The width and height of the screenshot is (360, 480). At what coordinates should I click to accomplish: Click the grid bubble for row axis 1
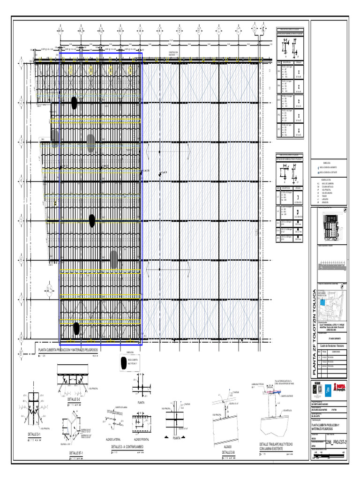click(x=21, y=63)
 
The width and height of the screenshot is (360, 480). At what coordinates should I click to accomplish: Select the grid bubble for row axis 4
click(x=21, y=181)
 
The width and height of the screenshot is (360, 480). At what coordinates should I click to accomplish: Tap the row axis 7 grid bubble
click(x=21, y=299)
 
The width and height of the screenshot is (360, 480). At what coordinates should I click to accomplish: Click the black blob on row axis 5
click(x=92, y=220)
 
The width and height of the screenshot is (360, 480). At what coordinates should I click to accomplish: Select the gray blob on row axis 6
click(x=114, y=259)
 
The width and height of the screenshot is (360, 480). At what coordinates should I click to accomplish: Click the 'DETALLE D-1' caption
click(x=33, y=435)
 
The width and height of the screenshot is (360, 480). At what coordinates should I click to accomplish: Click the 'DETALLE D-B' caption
click(x=228, y=452)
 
